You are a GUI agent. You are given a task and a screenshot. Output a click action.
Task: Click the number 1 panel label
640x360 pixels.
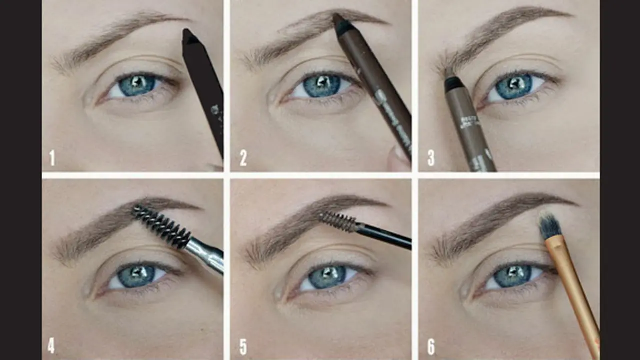pos(52,158)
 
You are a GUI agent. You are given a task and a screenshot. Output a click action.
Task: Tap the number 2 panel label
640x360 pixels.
pos(243,158)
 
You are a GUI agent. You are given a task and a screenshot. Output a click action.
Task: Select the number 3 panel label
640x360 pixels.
pos(431,158)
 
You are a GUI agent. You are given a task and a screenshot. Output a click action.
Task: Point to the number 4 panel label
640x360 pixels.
pos(51,346)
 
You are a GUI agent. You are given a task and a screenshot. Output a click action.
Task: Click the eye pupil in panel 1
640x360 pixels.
pos(137,84)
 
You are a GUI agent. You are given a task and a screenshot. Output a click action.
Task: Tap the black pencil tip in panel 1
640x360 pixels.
pos(189,36)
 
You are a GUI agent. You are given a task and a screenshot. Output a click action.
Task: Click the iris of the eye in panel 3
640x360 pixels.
pos(513,86)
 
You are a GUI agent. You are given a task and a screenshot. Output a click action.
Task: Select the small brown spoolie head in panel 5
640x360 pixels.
pos(337,221)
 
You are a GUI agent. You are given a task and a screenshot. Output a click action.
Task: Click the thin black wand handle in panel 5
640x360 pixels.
pos(385,236)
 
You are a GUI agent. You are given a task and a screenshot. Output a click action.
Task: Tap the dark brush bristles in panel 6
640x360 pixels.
pos(549,225)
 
